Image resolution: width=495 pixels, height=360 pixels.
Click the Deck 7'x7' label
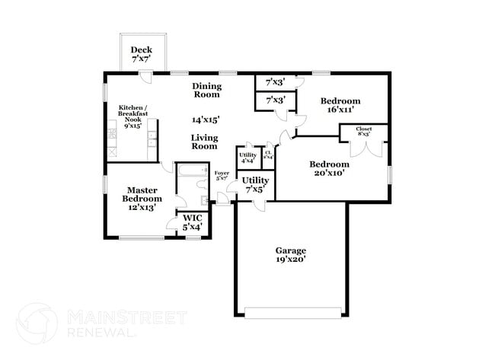[x=141, y=55]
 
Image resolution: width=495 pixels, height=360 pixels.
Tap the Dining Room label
[x=206, y=90]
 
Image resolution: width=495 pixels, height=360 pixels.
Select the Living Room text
[x=204, y=142]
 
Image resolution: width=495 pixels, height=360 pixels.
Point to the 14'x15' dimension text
[x=206, y=119]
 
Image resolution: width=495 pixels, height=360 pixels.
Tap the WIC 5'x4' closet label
[x=192, y=221]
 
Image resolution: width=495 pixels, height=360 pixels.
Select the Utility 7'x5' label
[x=254, y=184]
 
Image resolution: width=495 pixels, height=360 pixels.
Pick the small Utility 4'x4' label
[x=247, y=158]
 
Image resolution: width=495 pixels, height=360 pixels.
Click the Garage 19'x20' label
[x=290, y=254]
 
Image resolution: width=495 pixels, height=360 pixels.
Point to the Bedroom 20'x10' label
[x=329, y=168]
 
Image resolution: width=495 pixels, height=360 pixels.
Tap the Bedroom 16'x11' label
[x=340, y=105]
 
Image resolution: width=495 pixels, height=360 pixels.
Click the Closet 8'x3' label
[x=364, y=132]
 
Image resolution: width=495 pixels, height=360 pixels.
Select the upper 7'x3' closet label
[x=275, y=81]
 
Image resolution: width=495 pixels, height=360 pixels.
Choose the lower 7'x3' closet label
[x=275, y=100]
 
